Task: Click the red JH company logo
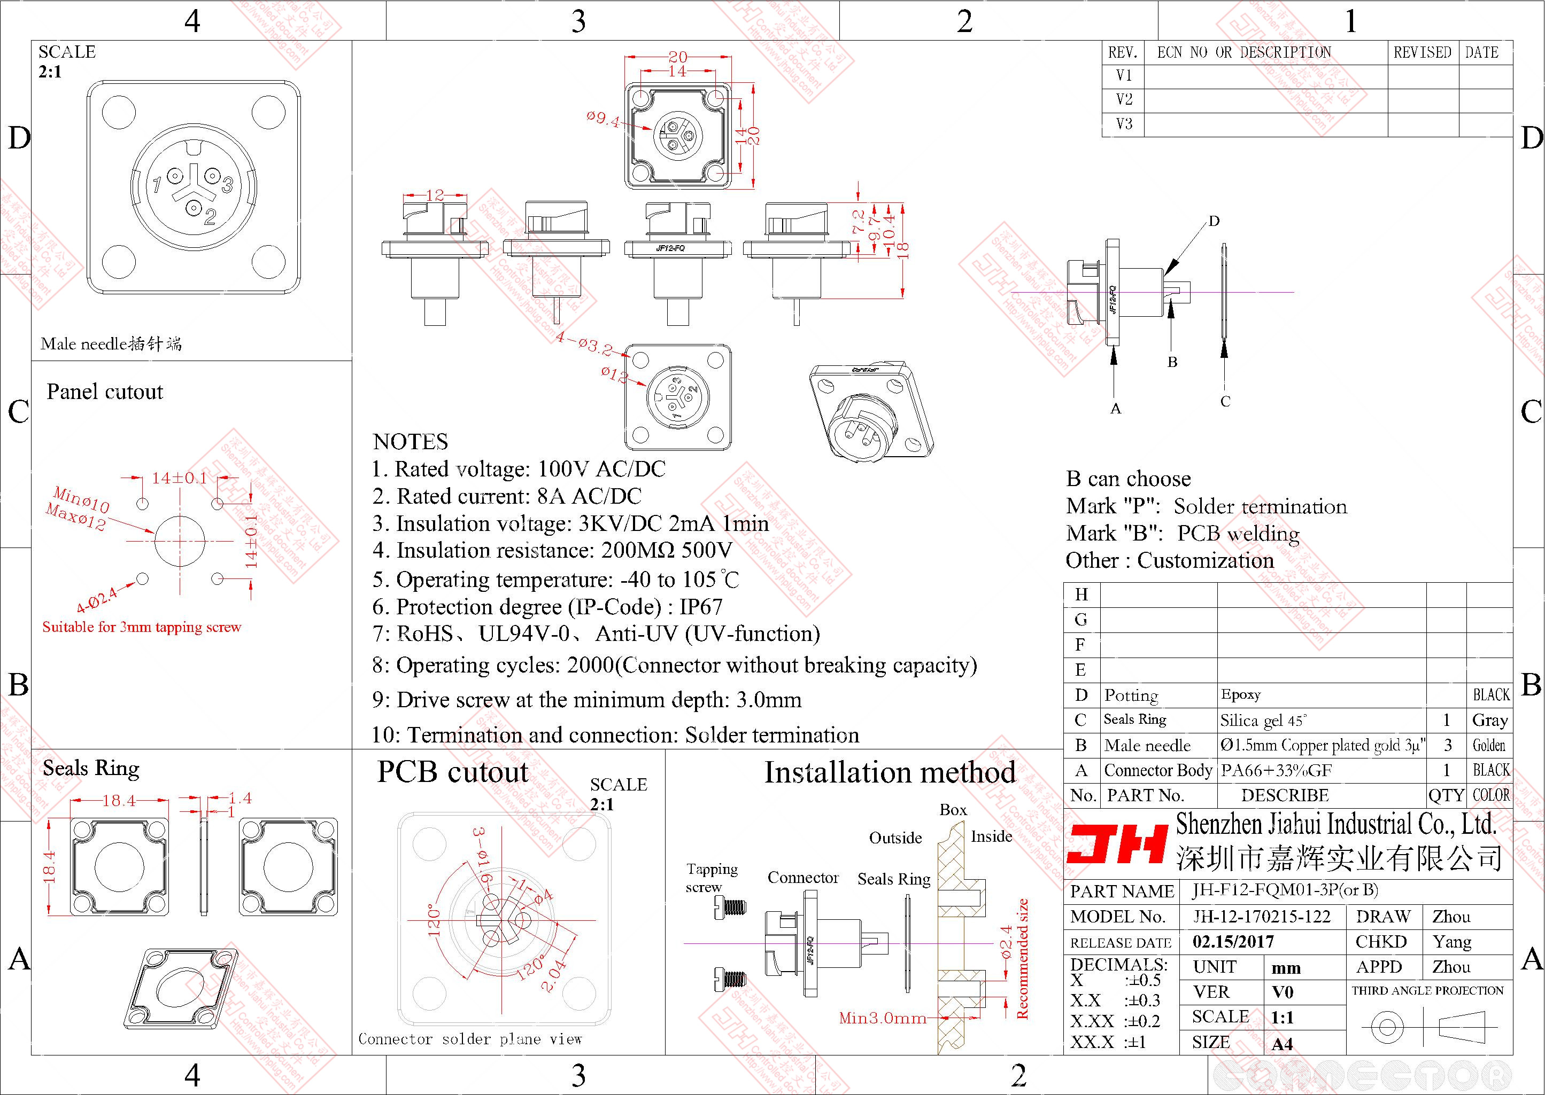click(1117, 844)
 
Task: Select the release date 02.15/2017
click(1233, 942)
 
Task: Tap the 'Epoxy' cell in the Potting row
click(1241, 694)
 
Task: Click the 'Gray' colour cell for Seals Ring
click(1490, 720)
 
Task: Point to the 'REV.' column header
click(1123, 52)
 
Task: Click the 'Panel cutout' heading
click(105, 392)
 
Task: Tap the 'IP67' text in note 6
click(700, 607)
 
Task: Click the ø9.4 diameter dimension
click(602, 119)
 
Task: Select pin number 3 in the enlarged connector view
click(227, 183)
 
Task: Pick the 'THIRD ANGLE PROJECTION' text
click(1427, 990)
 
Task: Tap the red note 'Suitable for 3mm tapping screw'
click(142, 627)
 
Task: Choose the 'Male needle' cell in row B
click(1147, 745)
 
